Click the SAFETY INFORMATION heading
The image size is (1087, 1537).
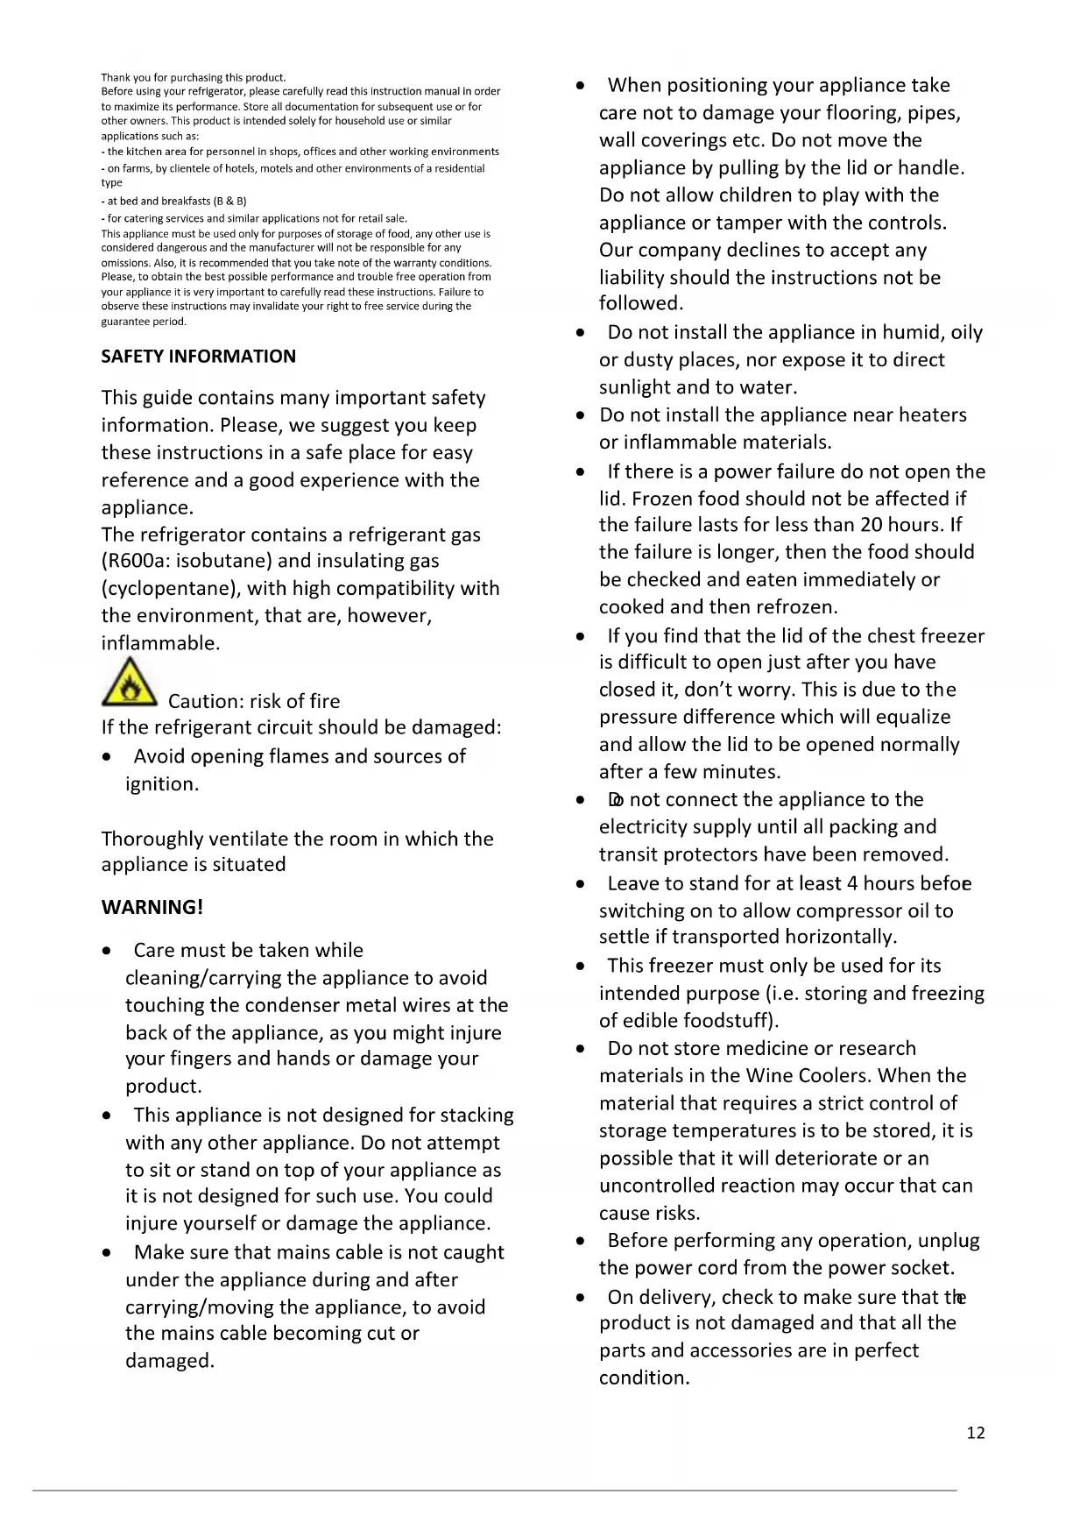(198, 357)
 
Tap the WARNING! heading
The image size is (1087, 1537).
(152, 907)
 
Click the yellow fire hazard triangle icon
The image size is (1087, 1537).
(130, 683)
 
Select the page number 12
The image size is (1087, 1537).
(976, 1433)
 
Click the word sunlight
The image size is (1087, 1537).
(640, 387)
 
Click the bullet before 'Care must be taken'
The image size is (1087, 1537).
(107, 951)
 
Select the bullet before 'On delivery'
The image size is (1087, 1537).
(581, 1297)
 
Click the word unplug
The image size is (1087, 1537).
(949, 1241)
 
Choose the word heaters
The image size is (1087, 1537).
(927, 414)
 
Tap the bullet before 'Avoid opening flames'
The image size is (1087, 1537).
(107, 757)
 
